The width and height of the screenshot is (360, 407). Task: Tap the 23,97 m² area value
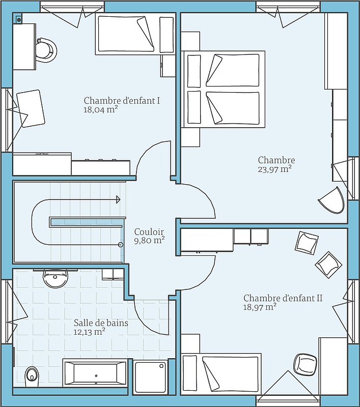274,169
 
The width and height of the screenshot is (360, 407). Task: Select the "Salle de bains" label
101,323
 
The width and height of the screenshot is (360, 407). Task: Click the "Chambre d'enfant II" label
283,298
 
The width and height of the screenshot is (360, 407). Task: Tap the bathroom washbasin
56,278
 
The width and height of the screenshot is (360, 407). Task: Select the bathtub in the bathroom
95,373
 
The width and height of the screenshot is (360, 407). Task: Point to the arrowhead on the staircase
119,199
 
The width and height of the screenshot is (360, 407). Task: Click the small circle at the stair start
121,245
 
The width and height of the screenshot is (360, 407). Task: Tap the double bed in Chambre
223,89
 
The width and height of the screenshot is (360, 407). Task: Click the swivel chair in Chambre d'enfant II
306,363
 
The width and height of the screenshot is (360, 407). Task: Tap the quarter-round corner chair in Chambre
334,200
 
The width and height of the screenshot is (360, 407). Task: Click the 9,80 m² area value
149,240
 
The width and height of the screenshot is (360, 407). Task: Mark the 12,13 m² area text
89,332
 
